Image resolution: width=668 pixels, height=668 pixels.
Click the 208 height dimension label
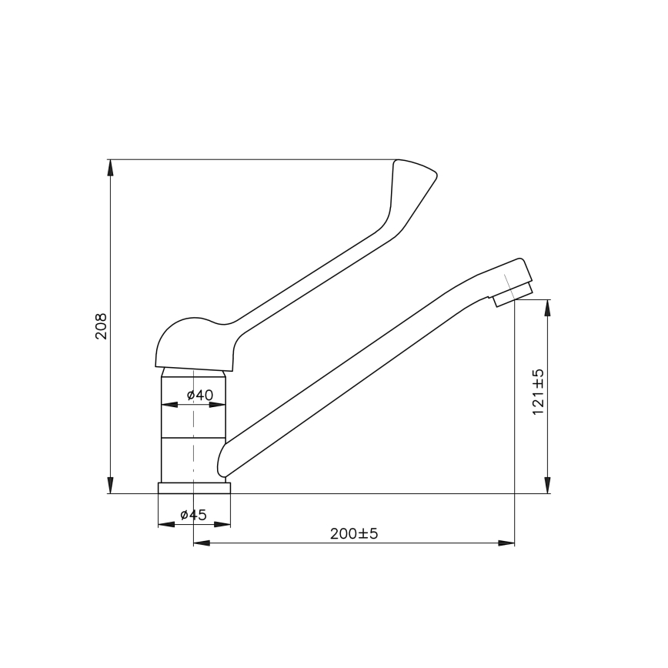point(101,326)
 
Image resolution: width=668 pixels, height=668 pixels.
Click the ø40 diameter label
point(200,395)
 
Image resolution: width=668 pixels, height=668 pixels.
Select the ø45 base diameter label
point(193,515)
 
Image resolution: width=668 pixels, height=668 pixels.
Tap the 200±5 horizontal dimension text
point(354,533)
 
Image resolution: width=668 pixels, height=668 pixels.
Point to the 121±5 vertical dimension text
point(538,392)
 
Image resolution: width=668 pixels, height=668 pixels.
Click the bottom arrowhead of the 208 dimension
point(110,485)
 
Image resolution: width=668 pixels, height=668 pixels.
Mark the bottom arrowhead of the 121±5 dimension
point(547,485)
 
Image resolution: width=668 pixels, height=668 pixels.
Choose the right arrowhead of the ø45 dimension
point(222,525)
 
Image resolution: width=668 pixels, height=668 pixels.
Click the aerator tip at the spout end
point(513,295)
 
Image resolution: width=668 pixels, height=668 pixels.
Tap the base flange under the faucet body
point(194,488)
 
